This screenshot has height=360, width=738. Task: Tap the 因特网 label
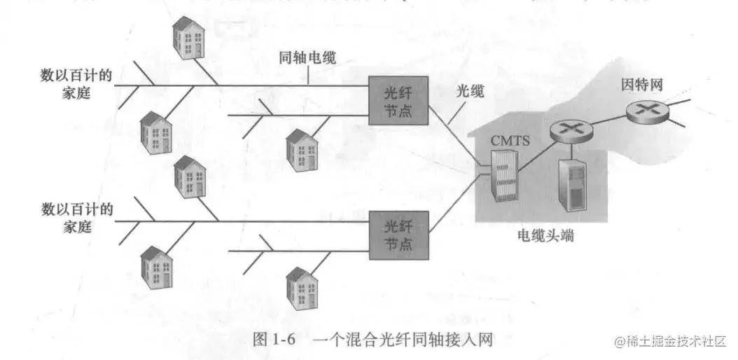coord(642,85)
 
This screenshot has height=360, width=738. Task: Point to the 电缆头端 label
coord(546,236)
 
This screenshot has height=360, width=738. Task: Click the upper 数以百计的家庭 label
coord(77,84)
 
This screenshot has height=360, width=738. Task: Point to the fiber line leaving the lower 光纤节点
coord(455,210)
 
